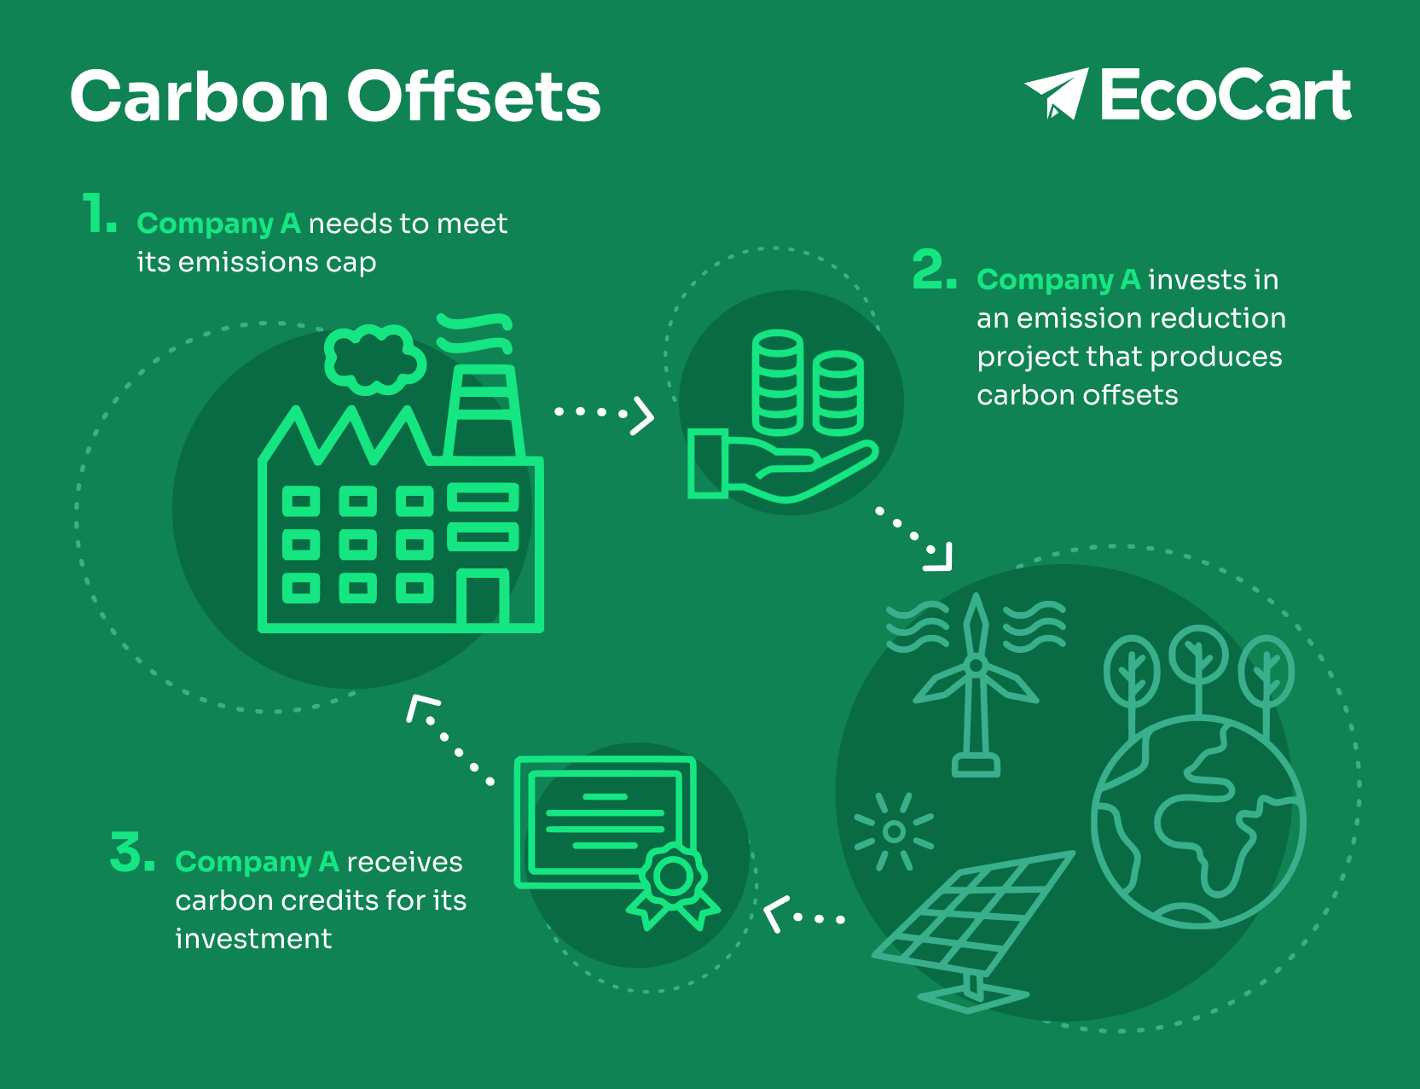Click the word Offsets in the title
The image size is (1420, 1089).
pos(473,96)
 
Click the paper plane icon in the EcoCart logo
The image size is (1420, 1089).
pos(1058,92)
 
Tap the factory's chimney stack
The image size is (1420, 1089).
pos(484,414)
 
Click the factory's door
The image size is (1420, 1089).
pos(483,599)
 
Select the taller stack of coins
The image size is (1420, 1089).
pos(778,381)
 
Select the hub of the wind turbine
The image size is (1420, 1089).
pos(976,665)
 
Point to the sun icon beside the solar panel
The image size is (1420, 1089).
pos(894,831)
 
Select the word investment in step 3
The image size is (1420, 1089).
pos(253,939)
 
